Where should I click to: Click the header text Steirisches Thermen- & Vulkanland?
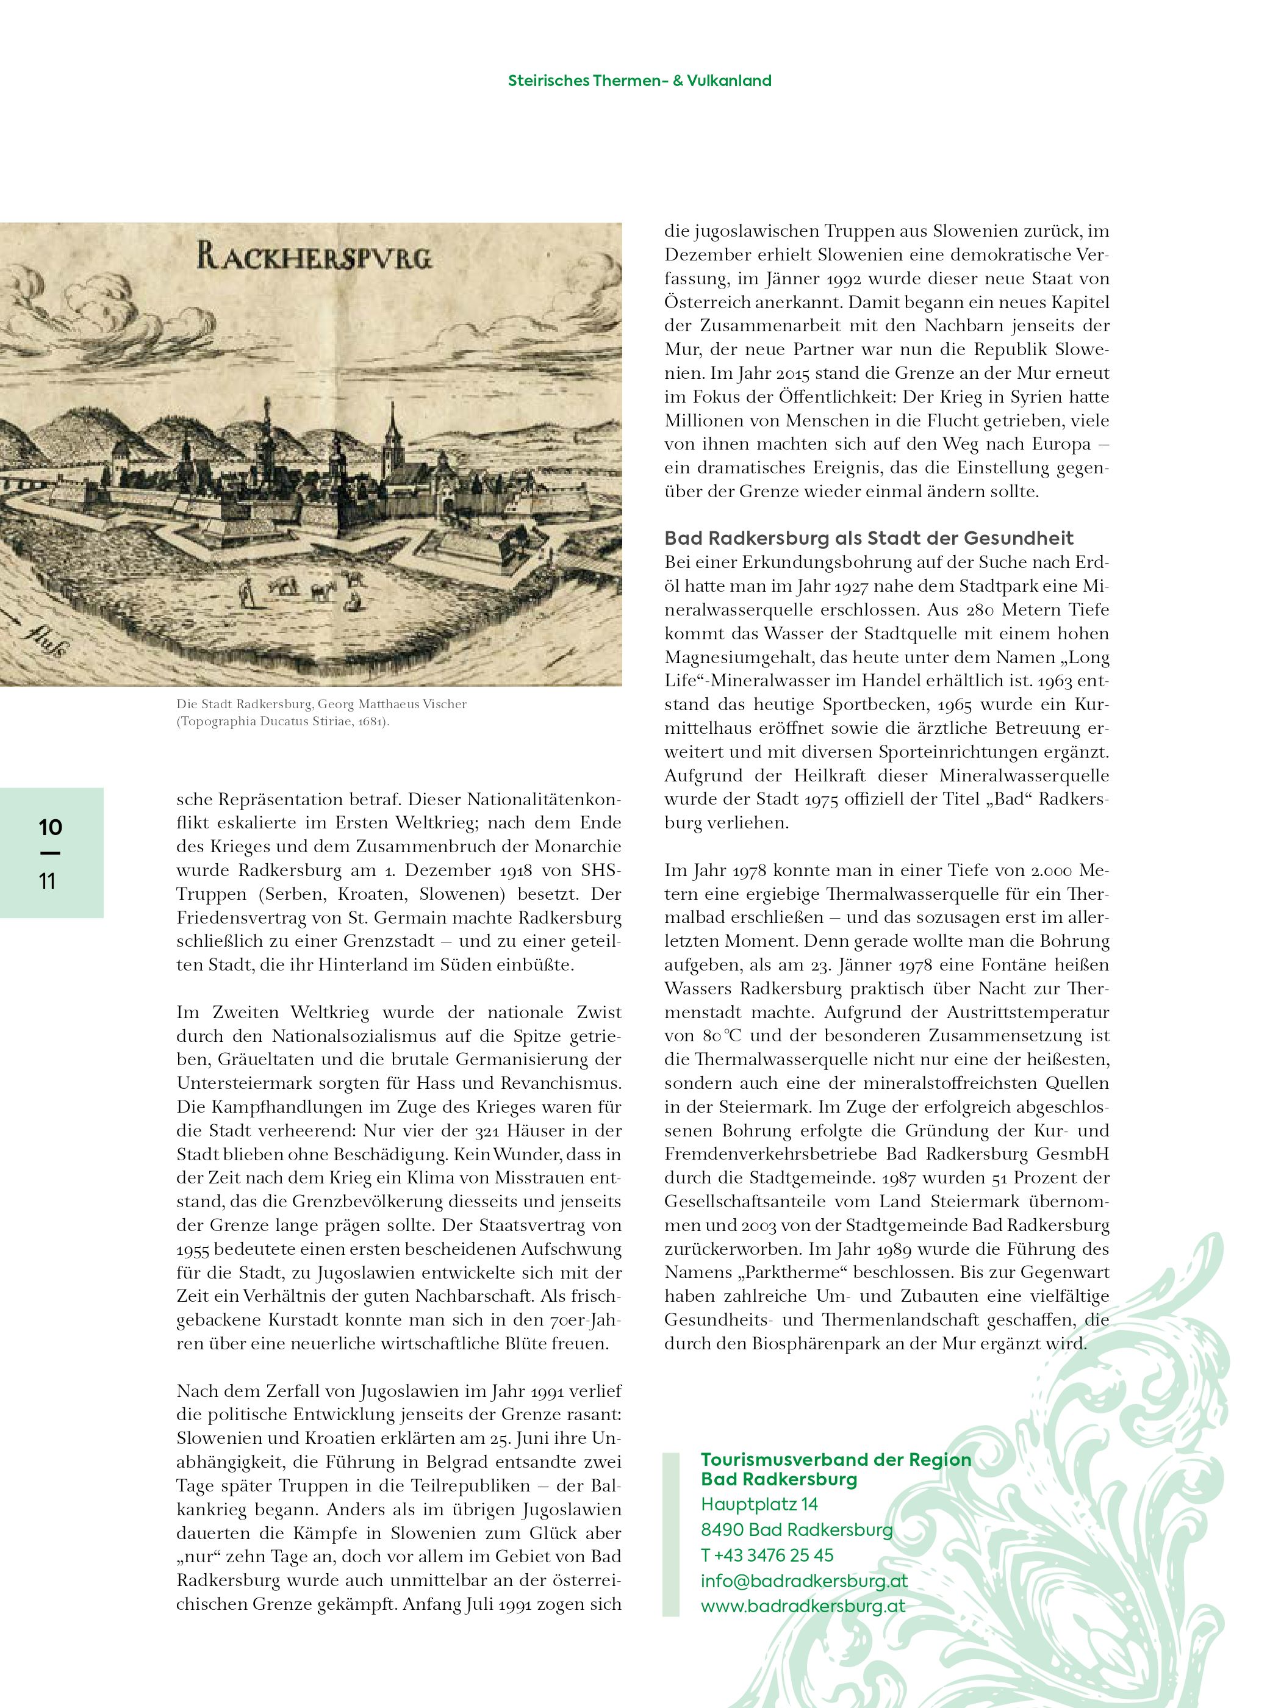point(639,81)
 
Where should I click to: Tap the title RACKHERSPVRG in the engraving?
point(314,256)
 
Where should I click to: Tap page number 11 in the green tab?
point(48,881)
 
